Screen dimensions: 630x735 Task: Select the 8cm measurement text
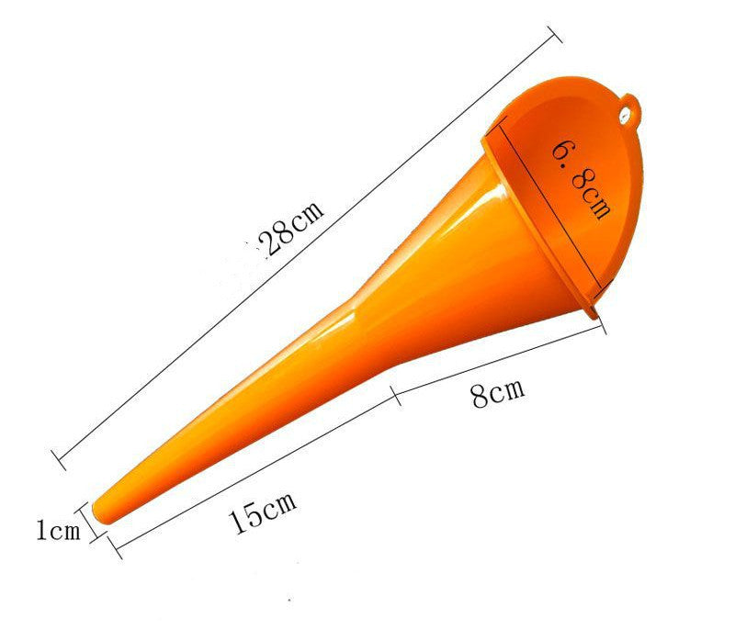tap(497, 394)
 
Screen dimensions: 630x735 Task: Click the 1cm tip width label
tap(58, 529)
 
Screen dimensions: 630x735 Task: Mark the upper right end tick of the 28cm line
tap(554, 34)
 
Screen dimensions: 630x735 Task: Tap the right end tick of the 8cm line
tap(605, 328)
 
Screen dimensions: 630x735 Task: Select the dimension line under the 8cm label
tap(501, 360)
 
